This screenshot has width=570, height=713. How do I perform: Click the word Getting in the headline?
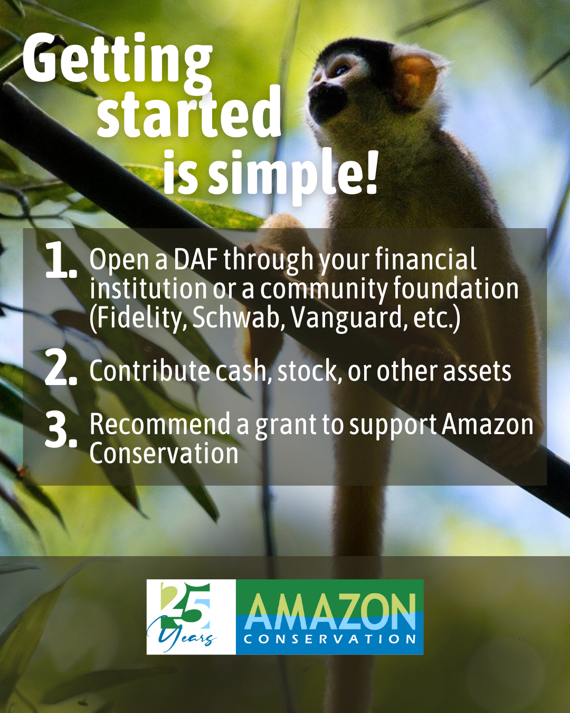[118, 61]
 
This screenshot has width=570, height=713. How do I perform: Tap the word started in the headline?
[189, 112]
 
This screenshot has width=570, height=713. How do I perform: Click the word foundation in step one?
[455, 288]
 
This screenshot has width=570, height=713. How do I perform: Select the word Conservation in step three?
[164, 454]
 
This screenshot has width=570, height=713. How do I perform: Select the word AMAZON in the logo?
[330, 612]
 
